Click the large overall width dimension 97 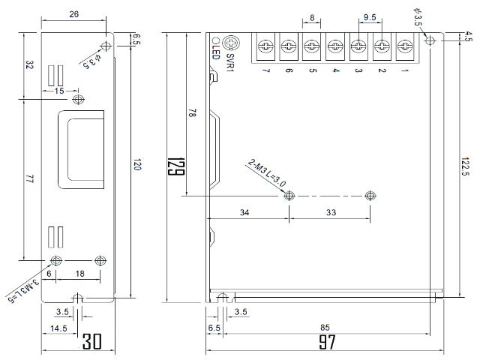click(327, 342)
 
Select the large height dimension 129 click(176, 166)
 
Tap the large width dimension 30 click(91, 341)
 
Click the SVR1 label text click(230, 62)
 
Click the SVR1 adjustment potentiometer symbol click(232, 43)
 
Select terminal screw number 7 click(265, 46)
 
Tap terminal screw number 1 click(405, 46)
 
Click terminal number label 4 click(335, 70)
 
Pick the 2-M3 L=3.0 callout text click(267, 173)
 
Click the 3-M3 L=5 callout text click(23, 289)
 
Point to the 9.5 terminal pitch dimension click(370, 17)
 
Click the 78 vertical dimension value click(192, 113)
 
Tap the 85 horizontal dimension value click(325, 328)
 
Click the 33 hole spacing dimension click(331, 212)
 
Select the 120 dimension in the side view click(136, 164)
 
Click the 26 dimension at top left click(73, 14)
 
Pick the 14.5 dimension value click(58, 328)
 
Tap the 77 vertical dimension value click(29, 178)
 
